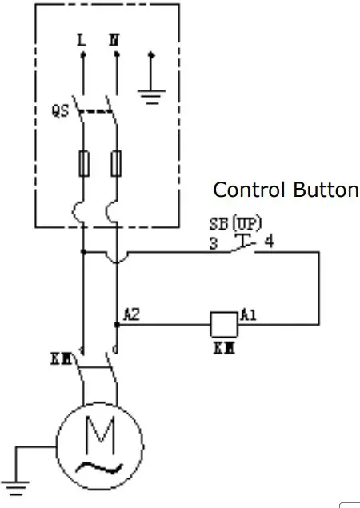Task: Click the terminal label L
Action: (82, 40)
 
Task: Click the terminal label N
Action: (114, 40)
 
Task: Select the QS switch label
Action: (60, 111)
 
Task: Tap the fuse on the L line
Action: (84, 164)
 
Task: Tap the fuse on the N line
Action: (116, 164)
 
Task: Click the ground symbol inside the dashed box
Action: (151, 97)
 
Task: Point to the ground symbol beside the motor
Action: (15, 487)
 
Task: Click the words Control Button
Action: (286, 190)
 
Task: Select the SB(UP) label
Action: (235, 223)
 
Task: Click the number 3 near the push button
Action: (214, 243)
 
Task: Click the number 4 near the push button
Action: (270, 242)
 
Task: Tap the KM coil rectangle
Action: (224, 324)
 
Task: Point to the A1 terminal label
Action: (248, 315)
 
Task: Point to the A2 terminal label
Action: (132, 315)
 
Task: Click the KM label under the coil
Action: (224, 348)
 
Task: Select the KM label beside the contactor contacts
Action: (61, 359)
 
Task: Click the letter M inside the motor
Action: (100, 435)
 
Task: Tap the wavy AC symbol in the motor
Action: (99, 467)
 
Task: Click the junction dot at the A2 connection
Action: (117, 324)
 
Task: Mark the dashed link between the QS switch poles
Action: (96, 111)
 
